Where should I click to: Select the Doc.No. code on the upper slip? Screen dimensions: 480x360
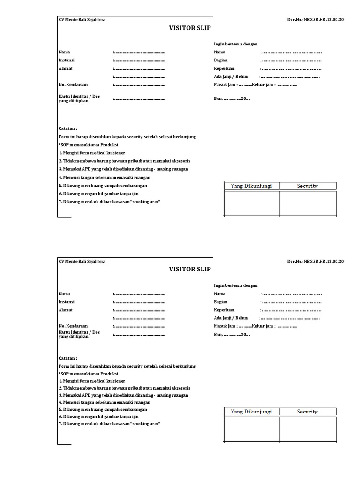(x=315, y=20)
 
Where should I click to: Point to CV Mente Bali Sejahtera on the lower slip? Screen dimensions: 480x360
(x=82, y=261)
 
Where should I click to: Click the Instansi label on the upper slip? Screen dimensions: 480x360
(x=67, y=60)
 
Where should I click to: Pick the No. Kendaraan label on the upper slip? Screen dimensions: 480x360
(x=73, y=85)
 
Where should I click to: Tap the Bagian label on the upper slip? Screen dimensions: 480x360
(x=221, y=60)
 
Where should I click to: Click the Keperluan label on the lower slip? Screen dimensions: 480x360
(x=224, y=310)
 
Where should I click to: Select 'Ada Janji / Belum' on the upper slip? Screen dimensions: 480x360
(x=231, y=76)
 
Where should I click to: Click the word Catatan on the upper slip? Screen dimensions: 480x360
(x=68, y=128)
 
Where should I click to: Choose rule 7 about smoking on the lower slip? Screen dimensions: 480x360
(x=110, y=423)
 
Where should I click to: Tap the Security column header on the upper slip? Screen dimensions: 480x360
(x=307, y=186)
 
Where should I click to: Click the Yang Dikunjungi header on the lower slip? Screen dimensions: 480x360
(x=251, y=412)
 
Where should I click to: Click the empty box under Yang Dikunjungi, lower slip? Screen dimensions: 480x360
(x=251, y=429)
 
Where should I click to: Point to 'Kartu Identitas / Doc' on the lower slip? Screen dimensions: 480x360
(x=79, y=332)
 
